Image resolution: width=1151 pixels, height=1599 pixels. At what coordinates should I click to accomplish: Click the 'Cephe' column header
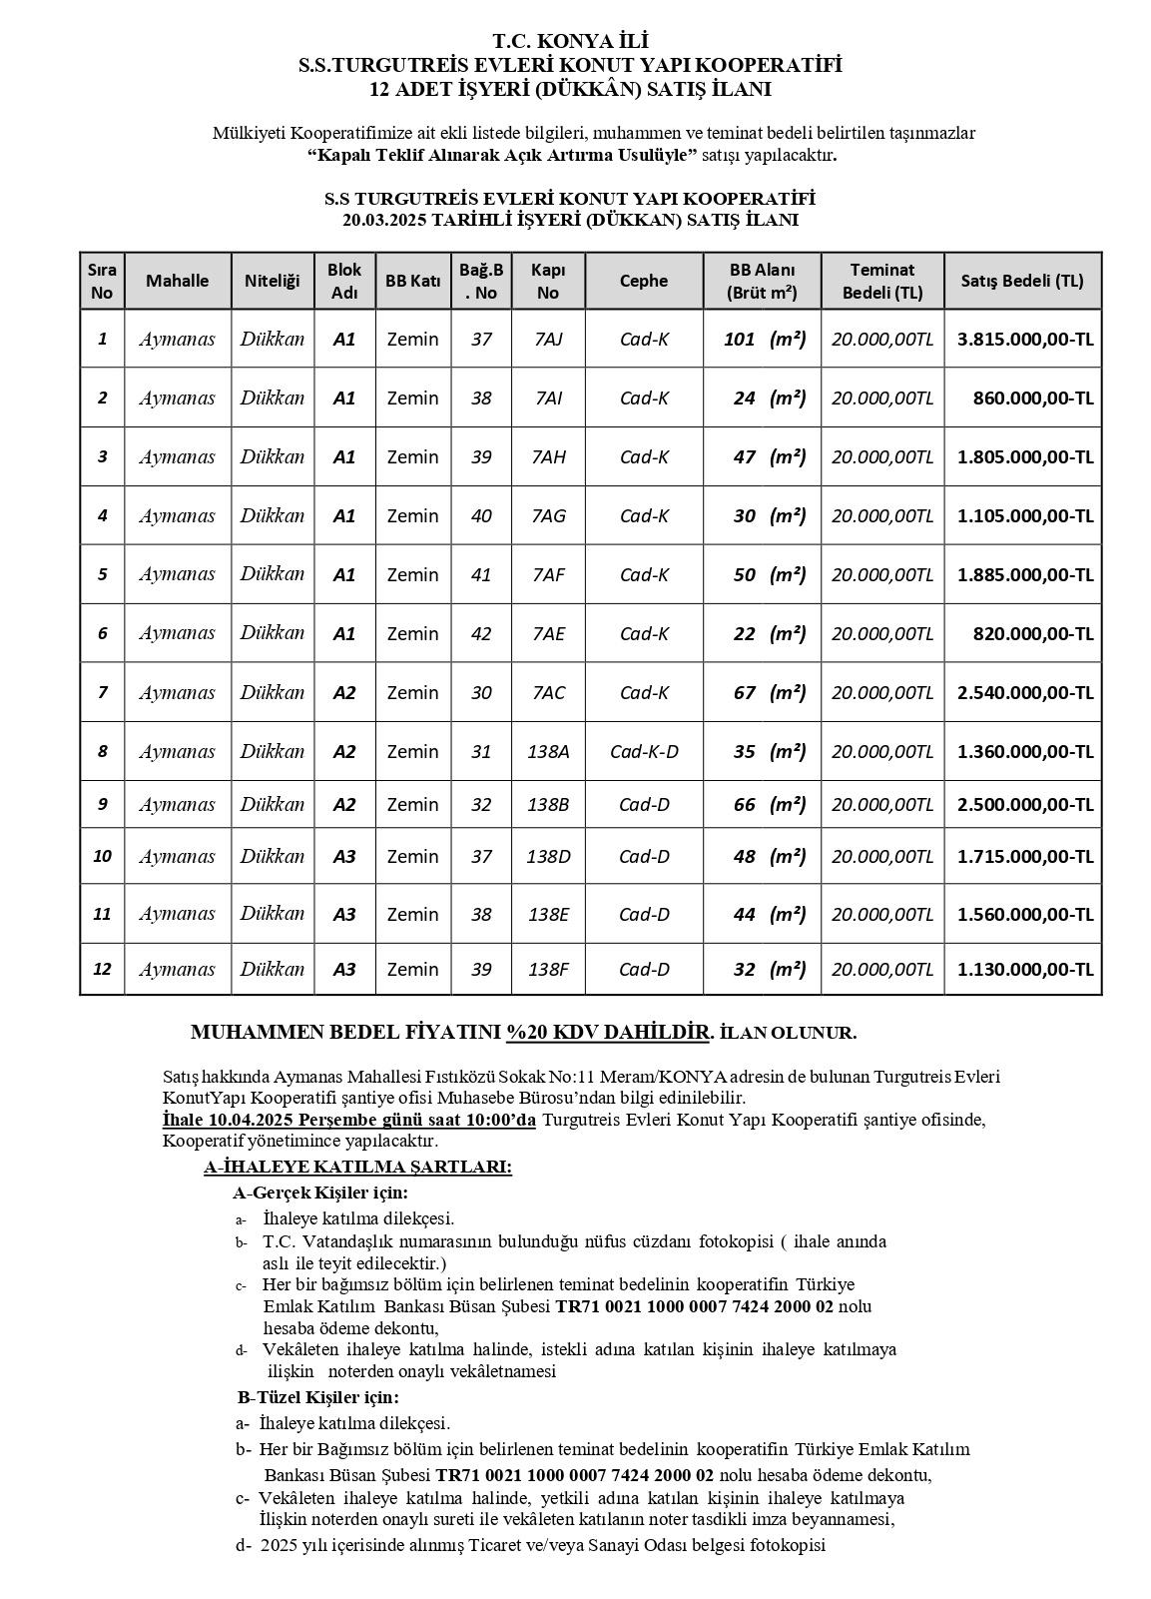(643, 281)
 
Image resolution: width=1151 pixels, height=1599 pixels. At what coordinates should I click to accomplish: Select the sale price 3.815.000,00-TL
(1024, 339)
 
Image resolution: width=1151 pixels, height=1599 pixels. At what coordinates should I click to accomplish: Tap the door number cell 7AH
(548, 456)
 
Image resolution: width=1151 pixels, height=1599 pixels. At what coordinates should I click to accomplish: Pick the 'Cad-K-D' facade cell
(643, 751)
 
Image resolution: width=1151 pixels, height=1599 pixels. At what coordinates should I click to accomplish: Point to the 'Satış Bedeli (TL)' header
(1021, 281)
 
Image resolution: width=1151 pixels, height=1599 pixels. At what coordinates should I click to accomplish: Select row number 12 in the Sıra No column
(102, 969)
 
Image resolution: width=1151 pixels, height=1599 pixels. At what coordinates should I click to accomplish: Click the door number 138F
(548, 969)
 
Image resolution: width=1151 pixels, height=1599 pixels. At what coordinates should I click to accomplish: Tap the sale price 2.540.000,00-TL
(1024, 692)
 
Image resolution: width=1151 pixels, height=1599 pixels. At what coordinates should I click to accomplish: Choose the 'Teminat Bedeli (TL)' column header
(882, 281)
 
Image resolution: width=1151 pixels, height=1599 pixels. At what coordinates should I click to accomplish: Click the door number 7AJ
(548, 339)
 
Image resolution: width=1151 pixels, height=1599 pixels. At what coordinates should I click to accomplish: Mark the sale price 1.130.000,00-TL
(1024, 969)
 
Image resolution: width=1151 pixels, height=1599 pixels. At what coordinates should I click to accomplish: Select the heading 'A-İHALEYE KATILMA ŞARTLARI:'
(357, 1167)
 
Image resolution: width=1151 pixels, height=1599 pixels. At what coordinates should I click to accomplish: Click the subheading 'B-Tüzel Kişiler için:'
(317, 1397)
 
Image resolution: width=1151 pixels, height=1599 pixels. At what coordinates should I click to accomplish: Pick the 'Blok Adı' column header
(343, 281)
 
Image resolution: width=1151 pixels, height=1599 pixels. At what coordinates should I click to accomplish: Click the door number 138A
(548, 751)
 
